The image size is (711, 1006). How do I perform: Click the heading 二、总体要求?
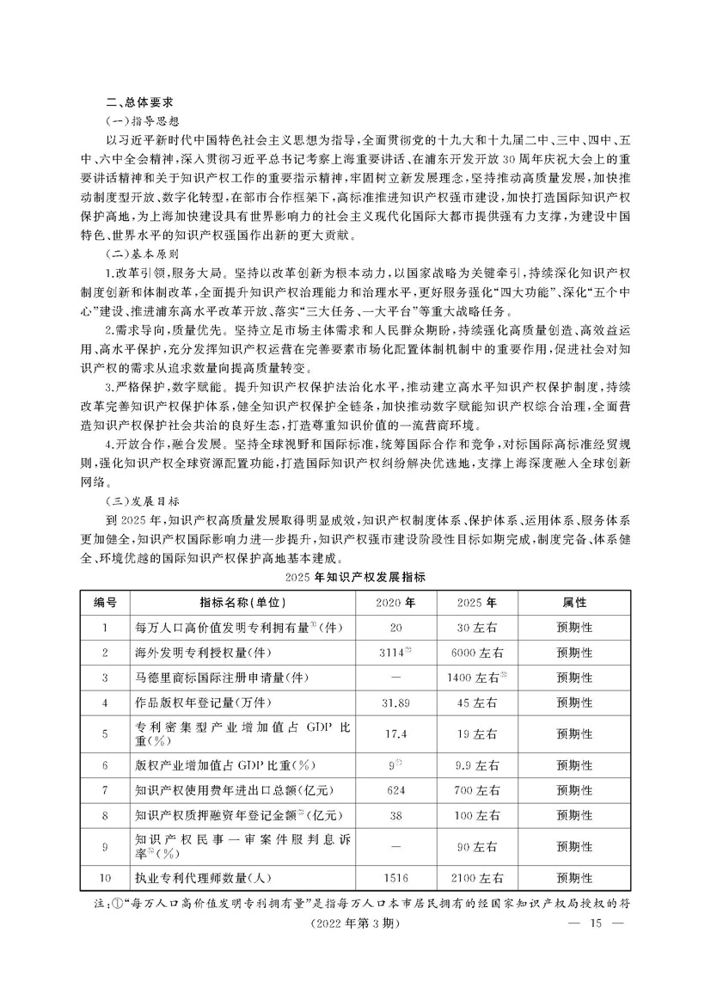click(137, 100)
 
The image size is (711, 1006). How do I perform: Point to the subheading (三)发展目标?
click(140, 500)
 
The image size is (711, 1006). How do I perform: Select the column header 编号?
click(105, 602)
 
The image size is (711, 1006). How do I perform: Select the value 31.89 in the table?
click(396, 702)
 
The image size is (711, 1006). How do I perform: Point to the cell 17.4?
click(396, 734)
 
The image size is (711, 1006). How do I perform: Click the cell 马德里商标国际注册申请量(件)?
click(222, 678)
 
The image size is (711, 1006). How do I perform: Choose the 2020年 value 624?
click(396, 789)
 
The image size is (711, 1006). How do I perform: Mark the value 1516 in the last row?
click(396, 878)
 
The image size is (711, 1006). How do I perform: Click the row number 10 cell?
click(105, 878)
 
